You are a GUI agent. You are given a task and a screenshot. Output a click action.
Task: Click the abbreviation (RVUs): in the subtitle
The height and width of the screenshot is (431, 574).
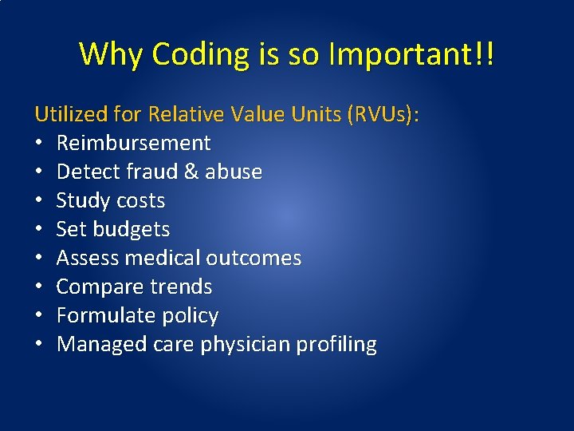pyautogui.click(x=383, y=115)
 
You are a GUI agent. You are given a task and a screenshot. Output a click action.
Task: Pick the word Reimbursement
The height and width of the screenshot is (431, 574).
pyautogui.click(x=133, y=144)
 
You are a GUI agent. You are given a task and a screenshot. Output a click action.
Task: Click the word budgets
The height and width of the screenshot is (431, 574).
pyautogui.click(x=132, y=230)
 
